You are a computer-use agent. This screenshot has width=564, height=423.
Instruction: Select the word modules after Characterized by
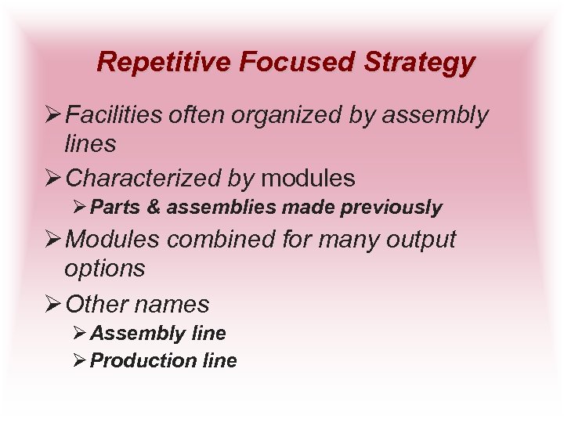(x=308, y=178)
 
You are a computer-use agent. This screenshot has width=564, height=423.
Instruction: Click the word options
(x=105, y=269)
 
